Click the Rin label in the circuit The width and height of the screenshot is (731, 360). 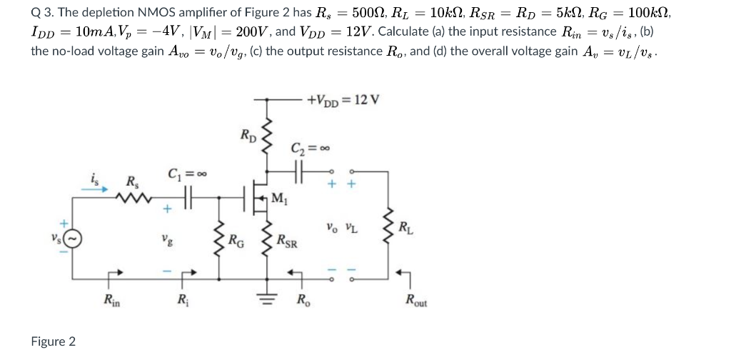111,300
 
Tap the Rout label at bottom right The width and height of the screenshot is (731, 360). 417,301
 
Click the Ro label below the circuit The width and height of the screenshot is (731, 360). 303,300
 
